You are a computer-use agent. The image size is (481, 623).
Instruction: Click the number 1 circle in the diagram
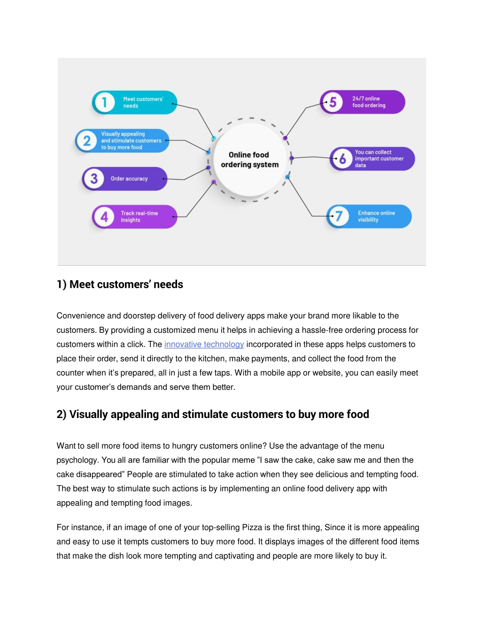pos(104,103)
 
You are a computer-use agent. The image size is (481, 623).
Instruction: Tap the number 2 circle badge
pos(87,141)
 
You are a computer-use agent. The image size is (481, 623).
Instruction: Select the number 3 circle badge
pos(94,179)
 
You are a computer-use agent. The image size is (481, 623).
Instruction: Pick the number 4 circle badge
pos(104,217)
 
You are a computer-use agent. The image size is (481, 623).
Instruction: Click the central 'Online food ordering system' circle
pos(250,160)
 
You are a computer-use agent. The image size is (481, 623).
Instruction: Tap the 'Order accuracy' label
pos(130,179)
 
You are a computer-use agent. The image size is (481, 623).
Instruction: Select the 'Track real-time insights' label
pos(140,216)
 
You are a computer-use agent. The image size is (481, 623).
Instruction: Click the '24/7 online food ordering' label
pos(369,102)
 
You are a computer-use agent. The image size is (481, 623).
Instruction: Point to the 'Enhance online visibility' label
pos(377,216)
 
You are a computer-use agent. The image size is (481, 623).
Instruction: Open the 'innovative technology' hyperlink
pos(204,344)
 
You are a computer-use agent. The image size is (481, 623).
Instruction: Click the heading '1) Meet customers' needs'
pos(120,284)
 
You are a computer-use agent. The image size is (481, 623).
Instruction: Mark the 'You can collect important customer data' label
pos(380,158)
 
